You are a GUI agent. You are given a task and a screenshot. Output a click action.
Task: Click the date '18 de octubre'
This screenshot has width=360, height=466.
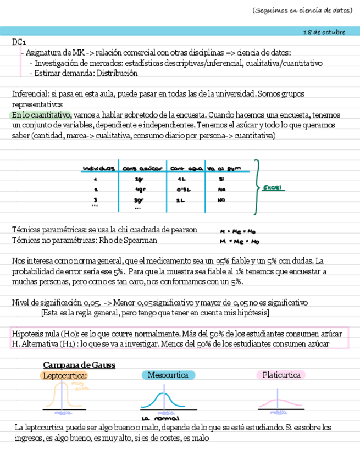pyautogui.click(x=324, y=32)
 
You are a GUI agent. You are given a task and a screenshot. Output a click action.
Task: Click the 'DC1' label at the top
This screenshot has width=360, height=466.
pyautogui.click(x=19, y=42)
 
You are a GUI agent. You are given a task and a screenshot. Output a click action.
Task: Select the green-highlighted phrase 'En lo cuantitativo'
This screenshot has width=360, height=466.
pyautogui.click(x=41, y=115)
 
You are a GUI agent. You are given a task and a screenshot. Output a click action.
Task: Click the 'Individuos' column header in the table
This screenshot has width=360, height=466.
pyautogui.click(x=99, y=168)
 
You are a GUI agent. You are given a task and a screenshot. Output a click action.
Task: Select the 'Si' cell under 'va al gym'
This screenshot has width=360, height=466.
pyautogui.click(x=221, y=179)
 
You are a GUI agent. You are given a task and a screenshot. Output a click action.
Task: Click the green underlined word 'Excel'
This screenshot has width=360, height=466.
pyautogui.click(x=272, y=187)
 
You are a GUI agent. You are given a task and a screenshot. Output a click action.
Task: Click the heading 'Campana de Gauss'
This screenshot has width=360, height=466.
pyautogui.click(x=79, y=365)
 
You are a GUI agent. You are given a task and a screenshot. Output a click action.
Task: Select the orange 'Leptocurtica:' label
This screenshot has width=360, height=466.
pyautogui.click(x=65, y=375)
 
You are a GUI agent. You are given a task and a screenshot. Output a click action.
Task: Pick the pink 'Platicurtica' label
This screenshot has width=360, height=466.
pyautogui.click(x=281, y=375)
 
